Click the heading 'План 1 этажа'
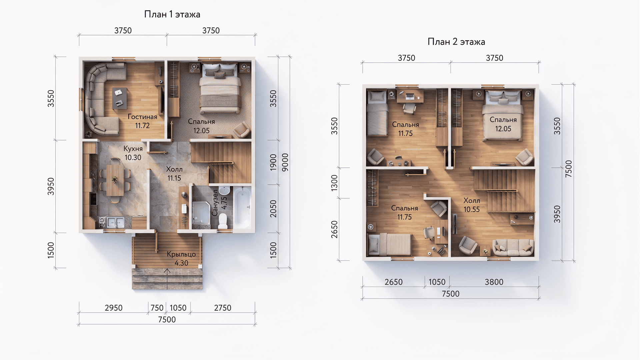click(x=172, y=14)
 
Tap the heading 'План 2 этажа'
click(x=456, y=42)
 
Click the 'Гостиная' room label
click(x=142, y=117)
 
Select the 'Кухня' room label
click(x=133, y=149)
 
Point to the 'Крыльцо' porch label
click(x=181, y=254)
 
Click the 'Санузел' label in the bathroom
click(x=215, y=203)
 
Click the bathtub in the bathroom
click(x=242, y=207)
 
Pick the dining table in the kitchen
click(x=115, y=180)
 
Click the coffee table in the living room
click(x=119, y=98)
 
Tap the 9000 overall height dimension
click(x=285, y=162)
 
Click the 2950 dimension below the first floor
click(x=114, y=308)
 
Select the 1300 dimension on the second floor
click(x=334, y=183)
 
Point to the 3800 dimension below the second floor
click(x=494, y=282)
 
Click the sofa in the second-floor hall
click(x=513, y=247)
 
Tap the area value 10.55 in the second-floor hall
click(x=472, y=209)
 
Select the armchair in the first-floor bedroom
click(x=242, y=130)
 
